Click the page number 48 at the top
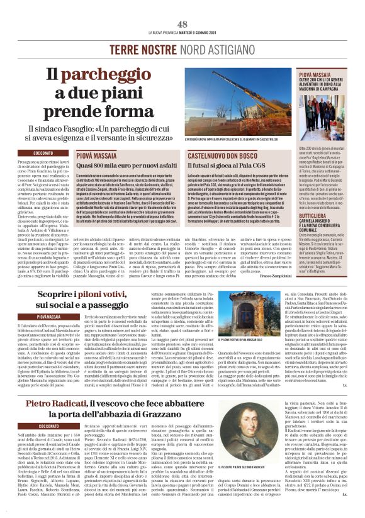pyautogui.click(x=182, y=23)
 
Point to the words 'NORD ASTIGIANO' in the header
pyautogui.click(x=206, y=48)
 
